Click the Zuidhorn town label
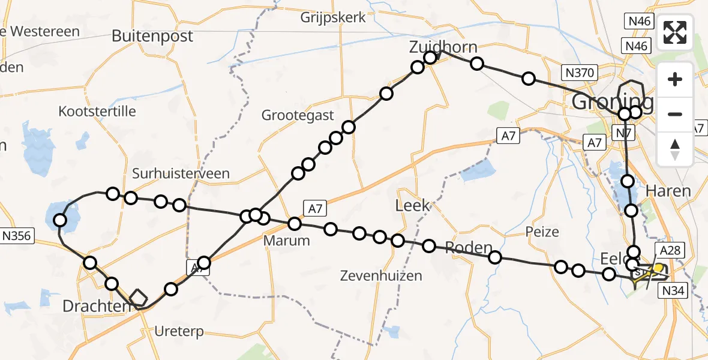[443, 47]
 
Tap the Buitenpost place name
[152, 36]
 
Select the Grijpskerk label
[334, 17]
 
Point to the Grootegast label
[298, 115]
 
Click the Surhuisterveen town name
[181, 174]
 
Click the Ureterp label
[179, 331]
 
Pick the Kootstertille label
[97, 111]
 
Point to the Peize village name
[542, 232]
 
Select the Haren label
[668, 191]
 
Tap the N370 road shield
[579, 73]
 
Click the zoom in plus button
[676, 79]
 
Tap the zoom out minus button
[676, 114]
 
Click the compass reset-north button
[676, 149]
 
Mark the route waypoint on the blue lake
[60, 220]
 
